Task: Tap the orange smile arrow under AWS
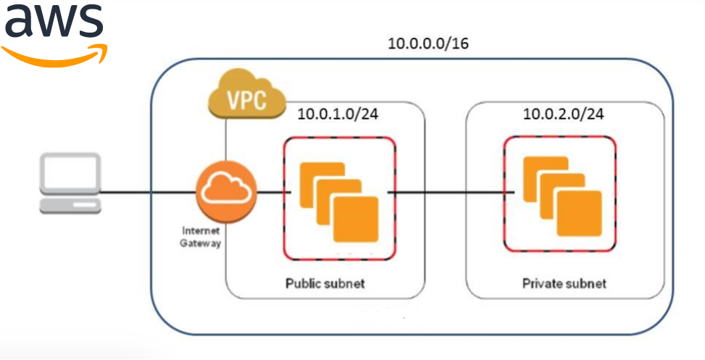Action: click(x=55, y=55)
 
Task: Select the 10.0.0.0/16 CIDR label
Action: click(x=428, y=43)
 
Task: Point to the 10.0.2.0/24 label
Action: click(x=564, y=114)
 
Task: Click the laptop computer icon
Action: click(x=70, y=183)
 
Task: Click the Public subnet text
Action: click(x=325, y=282)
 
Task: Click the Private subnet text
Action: click(x=564, y=282)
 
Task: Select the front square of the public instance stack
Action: click(x=355, y=218)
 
